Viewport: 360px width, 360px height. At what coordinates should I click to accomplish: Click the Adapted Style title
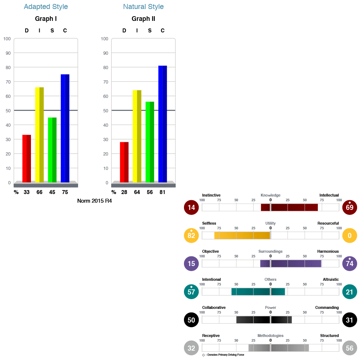(46, 7)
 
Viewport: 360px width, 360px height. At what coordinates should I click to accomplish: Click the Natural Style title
(143, 7)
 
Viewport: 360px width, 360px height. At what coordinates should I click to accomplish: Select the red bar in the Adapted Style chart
(27, 158)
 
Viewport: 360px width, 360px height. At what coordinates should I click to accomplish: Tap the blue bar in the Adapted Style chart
(65, 128)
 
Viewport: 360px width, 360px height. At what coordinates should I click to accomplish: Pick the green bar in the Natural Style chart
(150, 142)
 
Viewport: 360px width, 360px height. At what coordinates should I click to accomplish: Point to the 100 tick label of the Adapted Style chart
(7, 39)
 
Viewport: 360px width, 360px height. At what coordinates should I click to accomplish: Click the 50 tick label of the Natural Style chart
(105, 111)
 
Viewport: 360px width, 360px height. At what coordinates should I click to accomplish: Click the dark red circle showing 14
(191, 207)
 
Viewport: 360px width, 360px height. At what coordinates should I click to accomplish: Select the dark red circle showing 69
(350, 207)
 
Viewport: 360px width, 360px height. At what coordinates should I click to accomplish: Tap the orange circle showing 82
(191, 235)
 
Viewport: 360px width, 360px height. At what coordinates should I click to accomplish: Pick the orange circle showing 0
(350, 235)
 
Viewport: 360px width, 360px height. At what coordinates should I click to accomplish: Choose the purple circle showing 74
(350, 264)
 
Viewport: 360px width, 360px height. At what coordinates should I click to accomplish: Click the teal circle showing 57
(191, 292)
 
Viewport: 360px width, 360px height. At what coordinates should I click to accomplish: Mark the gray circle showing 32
(191, 348)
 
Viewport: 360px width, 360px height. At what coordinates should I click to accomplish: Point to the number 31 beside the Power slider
(350, 320)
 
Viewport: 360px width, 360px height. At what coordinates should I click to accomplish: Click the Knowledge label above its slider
(270, 195)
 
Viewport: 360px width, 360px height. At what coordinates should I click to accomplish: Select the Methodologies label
(270, 336)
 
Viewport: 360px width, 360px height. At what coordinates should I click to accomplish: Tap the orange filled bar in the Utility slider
(242, 235)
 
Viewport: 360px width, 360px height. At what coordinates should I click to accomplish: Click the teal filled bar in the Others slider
(258, 292)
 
